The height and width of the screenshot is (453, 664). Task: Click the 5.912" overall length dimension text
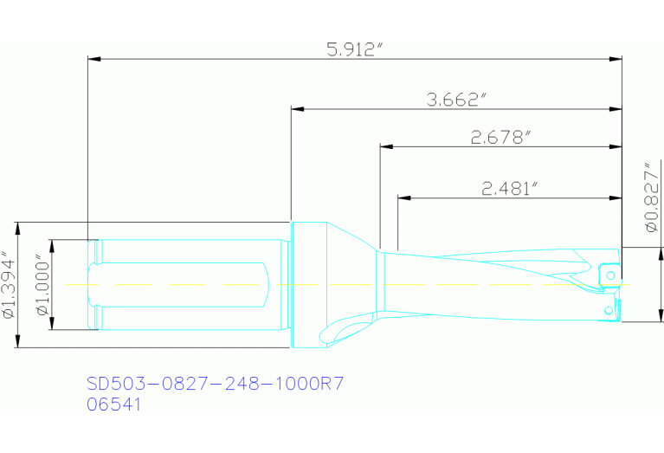355,49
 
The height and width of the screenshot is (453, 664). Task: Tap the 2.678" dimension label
500,137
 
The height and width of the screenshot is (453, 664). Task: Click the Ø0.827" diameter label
651,197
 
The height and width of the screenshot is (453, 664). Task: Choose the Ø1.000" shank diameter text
40,285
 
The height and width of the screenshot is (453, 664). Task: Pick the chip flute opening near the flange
346,327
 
